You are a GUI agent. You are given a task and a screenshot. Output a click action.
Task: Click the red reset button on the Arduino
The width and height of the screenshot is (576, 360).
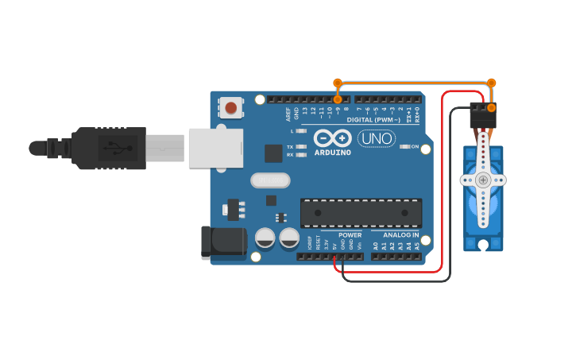pos(230,107)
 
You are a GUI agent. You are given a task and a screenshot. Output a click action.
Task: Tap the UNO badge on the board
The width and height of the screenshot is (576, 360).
pos(377,138)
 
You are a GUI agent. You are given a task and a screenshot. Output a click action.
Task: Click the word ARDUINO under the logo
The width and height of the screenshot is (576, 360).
pos(333,152)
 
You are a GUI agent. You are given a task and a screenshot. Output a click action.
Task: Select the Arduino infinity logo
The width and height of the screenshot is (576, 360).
pos(333,137)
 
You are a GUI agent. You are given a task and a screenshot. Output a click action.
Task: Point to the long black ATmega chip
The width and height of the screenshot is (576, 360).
pos(361,213)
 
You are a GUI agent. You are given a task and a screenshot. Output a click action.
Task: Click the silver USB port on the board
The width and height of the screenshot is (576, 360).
pos(215,148)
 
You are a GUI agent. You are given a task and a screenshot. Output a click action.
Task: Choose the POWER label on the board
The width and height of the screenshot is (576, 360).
pos(350,235)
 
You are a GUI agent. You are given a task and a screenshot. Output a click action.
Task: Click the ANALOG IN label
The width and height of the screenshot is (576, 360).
pos(401,235)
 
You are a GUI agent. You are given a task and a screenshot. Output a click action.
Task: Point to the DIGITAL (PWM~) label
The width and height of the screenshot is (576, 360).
pos(373,120)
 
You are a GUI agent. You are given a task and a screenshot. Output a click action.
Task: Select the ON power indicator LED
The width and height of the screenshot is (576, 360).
pos(404,146)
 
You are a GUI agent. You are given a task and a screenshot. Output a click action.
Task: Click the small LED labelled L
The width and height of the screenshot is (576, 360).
pos(301,130)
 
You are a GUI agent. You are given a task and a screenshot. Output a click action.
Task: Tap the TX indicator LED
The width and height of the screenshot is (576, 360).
pos(301,147)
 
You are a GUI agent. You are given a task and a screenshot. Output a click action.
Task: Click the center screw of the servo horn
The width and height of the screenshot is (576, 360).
pos(483,180)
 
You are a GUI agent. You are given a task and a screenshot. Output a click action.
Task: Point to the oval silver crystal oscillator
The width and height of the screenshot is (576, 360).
pos(270,180)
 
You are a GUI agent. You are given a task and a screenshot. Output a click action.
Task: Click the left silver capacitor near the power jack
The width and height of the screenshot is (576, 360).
pos(265,237)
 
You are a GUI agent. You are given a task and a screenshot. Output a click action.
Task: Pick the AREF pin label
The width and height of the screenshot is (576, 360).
pos(288,114)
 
